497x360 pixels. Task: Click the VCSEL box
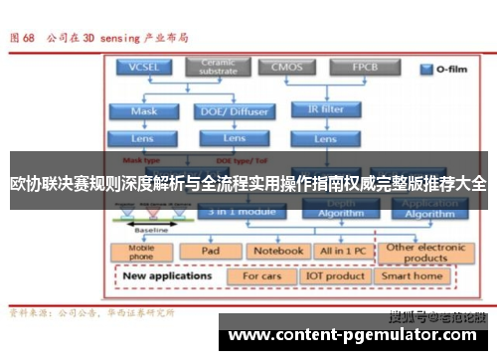[141, 67]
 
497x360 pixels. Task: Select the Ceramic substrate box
[218, 67]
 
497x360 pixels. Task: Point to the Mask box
[144, 111]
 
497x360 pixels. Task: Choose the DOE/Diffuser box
[235, 111]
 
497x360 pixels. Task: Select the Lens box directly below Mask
[144, 138]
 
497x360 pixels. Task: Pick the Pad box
[211, 252]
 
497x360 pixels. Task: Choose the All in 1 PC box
[341, 252]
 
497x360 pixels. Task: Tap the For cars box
[262, 275]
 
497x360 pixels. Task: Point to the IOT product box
[334, 275]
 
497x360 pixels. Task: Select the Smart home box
[413, 275]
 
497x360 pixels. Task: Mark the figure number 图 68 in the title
[21, 39]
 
